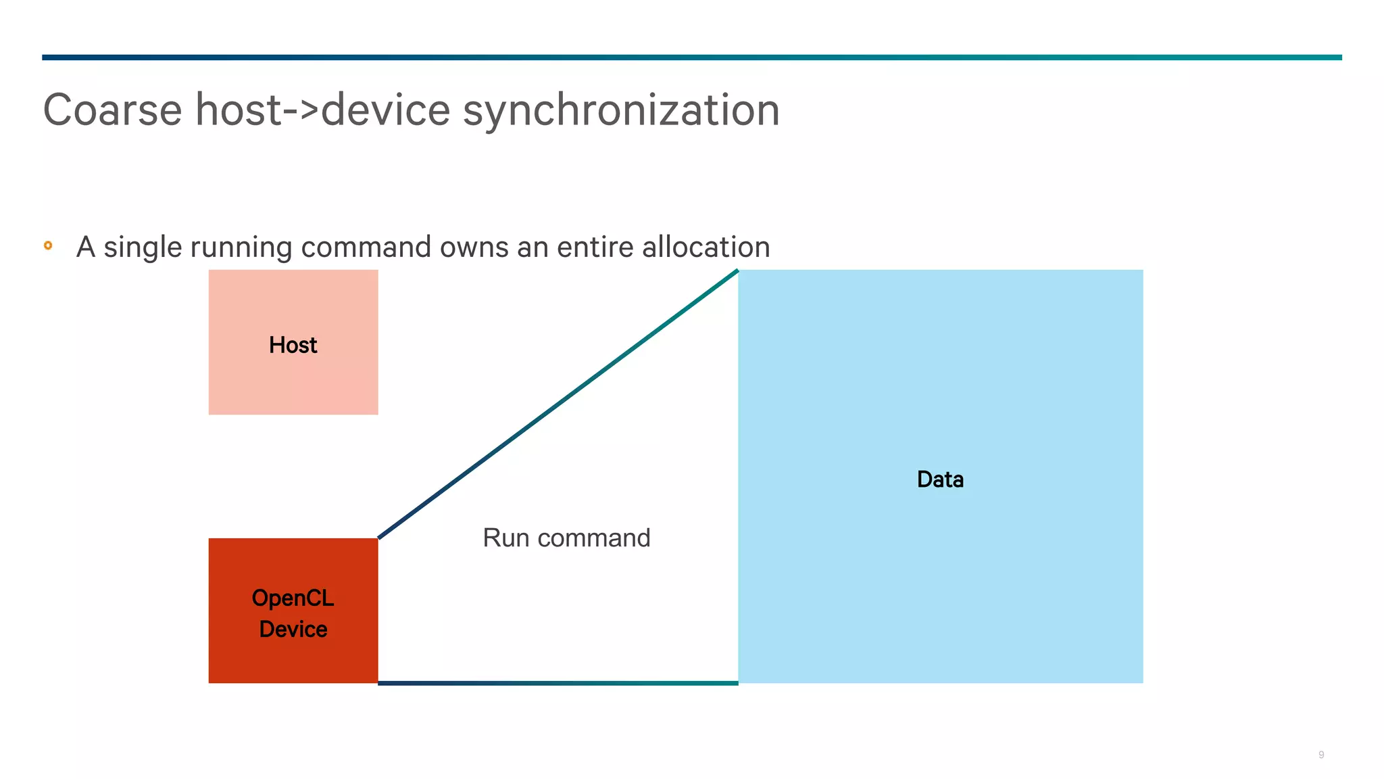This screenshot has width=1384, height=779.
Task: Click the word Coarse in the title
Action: point(112,110)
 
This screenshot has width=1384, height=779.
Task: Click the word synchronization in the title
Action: point(621,110)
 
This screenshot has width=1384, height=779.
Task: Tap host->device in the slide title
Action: point(322,110)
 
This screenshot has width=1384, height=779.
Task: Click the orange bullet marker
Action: point(48,245)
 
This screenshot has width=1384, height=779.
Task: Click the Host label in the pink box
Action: point(293,345)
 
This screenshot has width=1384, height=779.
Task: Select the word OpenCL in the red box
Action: point(293,598)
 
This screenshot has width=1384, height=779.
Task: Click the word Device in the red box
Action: point(293,629)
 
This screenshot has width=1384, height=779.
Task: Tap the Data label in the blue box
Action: point(940,479)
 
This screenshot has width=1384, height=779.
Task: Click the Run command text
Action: point(566,538)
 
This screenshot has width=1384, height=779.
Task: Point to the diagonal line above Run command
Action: point(558,404)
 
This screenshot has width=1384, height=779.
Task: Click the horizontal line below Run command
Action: point(558,683)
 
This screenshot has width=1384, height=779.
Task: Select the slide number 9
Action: point(1320,755)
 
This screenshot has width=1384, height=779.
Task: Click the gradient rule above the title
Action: point(691,57)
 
